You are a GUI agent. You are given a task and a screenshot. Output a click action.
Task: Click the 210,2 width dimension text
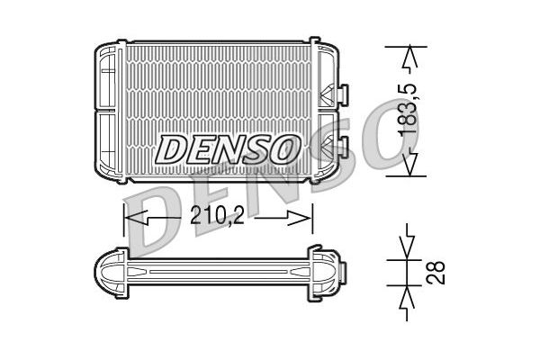pyautogui.click(x=217, y=218)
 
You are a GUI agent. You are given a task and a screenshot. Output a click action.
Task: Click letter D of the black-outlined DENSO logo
pyautogui.click(x=171, y=148)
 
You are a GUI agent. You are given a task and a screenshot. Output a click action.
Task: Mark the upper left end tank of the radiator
pyautogui.click(x=107, y=76)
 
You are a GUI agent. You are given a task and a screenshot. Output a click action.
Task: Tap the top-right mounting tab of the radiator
pyautogui.click(x=314, y=41)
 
